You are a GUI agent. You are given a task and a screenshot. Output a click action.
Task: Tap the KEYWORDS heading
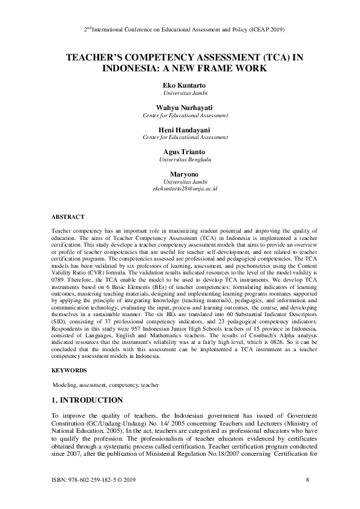click(69, 369)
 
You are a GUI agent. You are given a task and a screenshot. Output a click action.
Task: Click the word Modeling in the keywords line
click(65, 384)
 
